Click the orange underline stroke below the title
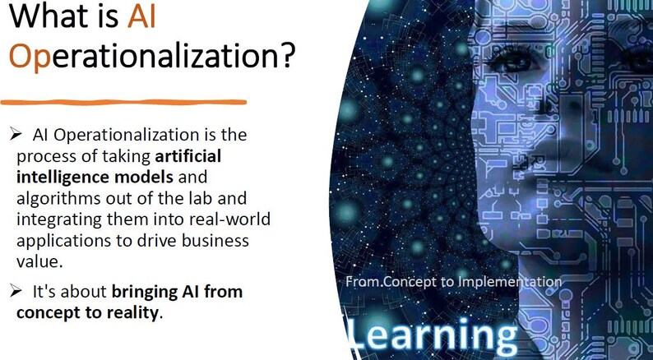[x=123, y=102]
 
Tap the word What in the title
[x=44, y=18]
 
